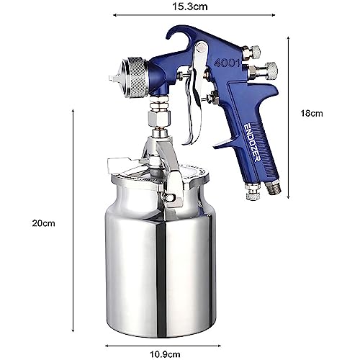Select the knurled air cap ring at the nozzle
pos(131,75)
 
